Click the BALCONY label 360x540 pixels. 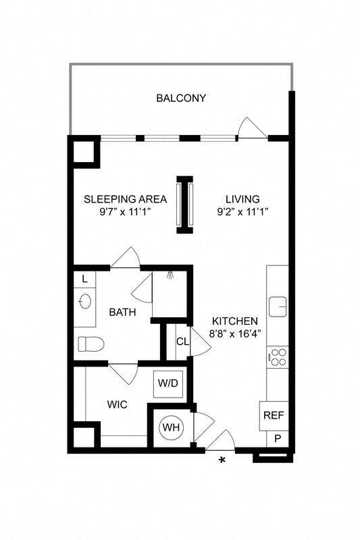pos(181,99)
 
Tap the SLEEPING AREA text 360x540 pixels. pos(125,199)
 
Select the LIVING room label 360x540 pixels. pos(242,199)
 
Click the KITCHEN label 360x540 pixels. pos(234,321)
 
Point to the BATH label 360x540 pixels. pos(122,313)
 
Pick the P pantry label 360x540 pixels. pos(277,438)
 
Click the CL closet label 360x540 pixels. pos(182,342)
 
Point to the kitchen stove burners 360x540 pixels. pos(277,356)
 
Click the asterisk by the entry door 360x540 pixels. pos(222,462)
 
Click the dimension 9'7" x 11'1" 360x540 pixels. pos(125,211)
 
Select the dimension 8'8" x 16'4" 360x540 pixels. pos(234,333)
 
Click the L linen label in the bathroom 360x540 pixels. pos(84,279)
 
